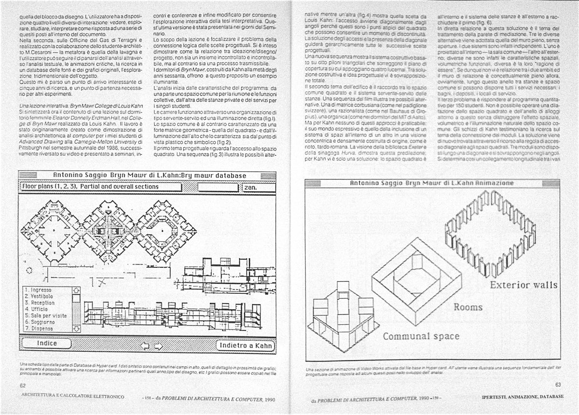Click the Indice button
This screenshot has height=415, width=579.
click(47, 343)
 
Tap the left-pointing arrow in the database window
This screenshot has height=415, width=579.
click(143, 346)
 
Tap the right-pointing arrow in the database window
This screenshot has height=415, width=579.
click(157, 346)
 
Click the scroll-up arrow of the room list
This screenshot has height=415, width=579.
click(75, 290)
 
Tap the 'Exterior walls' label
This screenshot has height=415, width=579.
click(524, 285)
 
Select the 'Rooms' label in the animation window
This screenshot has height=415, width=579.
click(468, 307)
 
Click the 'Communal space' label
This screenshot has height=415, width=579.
click(421, 336)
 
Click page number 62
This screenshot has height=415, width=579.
click(23, 386)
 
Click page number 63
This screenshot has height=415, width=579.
click(558, 385)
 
